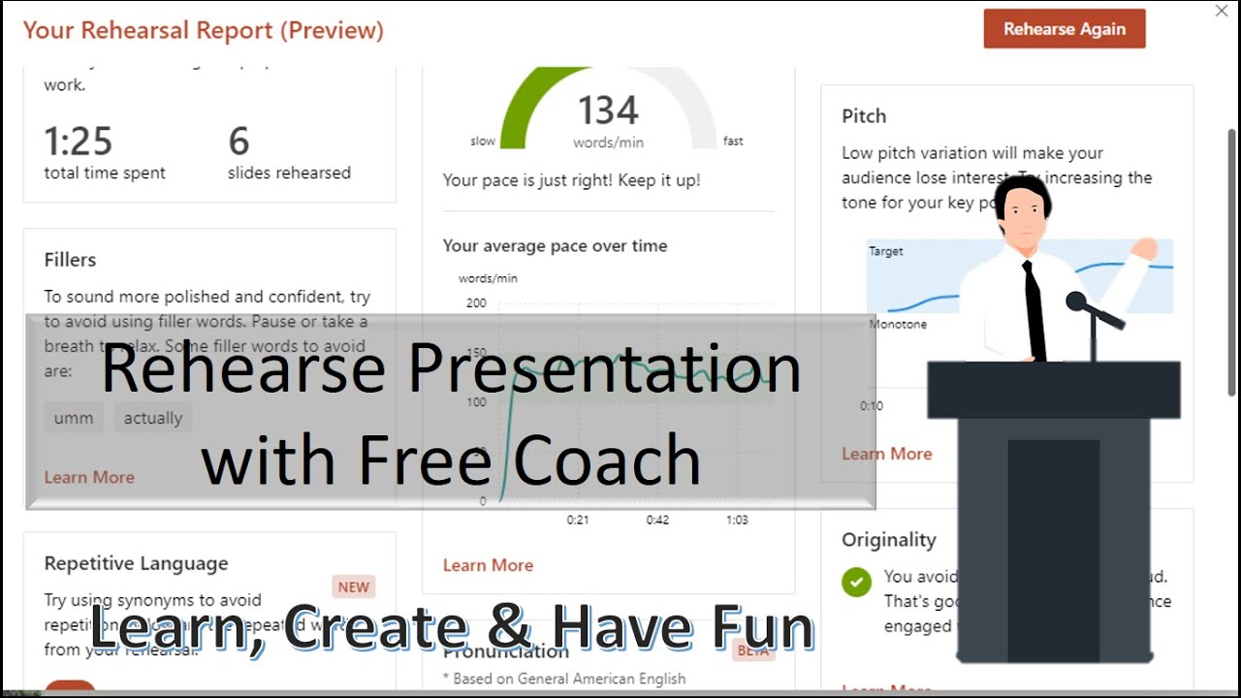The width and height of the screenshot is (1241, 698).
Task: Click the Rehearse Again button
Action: (1065, 29)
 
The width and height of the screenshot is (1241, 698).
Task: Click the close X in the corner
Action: (1222, 12)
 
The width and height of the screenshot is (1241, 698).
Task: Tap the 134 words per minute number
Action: (609, 111)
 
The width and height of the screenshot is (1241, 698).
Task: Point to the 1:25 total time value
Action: (79, 142)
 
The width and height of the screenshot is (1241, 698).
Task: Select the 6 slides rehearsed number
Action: (239, 142)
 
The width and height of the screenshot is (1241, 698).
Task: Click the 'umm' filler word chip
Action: (74, 418)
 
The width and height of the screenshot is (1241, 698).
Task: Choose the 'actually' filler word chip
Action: (153, 418)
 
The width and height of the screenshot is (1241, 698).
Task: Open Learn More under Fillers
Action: (89, 477)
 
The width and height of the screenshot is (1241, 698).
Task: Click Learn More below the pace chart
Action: (488, 565)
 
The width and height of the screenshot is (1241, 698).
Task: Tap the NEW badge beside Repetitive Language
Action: (354, 587)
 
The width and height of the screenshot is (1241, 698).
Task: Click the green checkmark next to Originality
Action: (856, 582)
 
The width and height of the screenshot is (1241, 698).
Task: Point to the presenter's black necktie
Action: (1034, 310)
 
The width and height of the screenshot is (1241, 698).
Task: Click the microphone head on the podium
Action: (1076, 301)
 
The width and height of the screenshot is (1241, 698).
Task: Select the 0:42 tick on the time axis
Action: (657, 520)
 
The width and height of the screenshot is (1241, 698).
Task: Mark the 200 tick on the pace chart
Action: (476, 303)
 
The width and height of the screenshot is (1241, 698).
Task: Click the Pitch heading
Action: (864, 116)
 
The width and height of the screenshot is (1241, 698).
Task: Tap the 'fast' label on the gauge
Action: (733, 142)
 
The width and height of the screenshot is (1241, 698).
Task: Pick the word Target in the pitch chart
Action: (885, 251)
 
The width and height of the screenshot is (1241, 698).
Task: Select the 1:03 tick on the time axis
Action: (737, 520)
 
